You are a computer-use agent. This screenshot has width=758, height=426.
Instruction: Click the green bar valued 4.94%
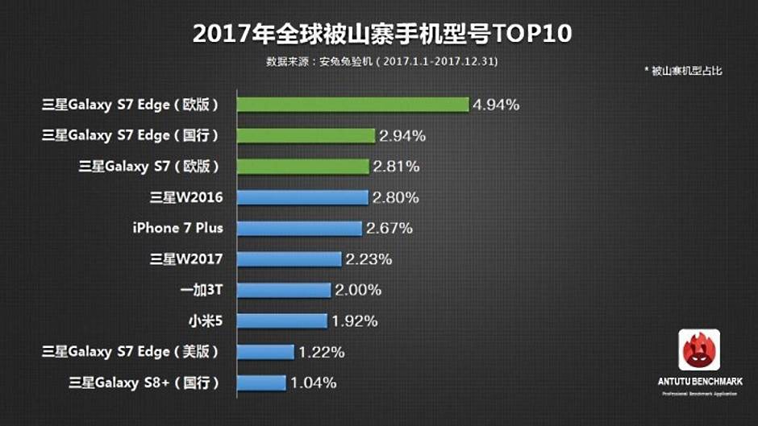coord(352,105)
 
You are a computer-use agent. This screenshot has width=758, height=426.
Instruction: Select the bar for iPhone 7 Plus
coord(299,229)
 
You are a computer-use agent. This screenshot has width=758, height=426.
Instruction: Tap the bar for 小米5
coord(282,321)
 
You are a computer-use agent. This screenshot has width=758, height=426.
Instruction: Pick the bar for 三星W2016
coord(302,197)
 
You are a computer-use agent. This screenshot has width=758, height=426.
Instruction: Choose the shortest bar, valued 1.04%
coord(261,383)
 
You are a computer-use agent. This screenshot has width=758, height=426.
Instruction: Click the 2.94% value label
coord(402,135)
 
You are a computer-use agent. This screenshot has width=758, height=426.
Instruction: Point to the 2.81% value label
coord(396,167)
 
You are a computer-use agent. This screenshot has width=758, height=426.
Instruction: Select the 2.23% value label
coord(369,259)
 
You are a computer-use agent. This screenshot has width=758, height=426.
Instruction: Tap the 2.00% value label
coord(358,290)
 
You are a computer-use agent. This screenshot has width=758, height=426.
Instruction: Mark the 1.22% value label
coord(321,352)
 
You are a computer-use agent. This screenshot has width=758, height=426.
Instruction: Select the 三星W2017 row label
coord(186,259)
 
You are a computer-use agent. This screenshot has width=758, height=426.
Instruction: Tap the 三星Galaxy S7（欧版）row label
coord(149,167)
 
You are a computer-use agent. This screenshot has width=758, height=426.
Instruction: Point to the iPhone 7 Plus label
coord(177,228)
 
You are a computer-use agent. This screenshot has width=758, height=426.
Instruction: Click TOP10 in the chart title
coord(527,34)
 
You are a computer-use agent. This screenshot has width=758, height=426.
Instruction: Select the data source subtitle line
coord(381,61)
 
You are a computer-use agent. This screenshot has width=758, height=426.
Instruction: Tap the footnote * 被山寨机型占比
coord(683,71)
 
